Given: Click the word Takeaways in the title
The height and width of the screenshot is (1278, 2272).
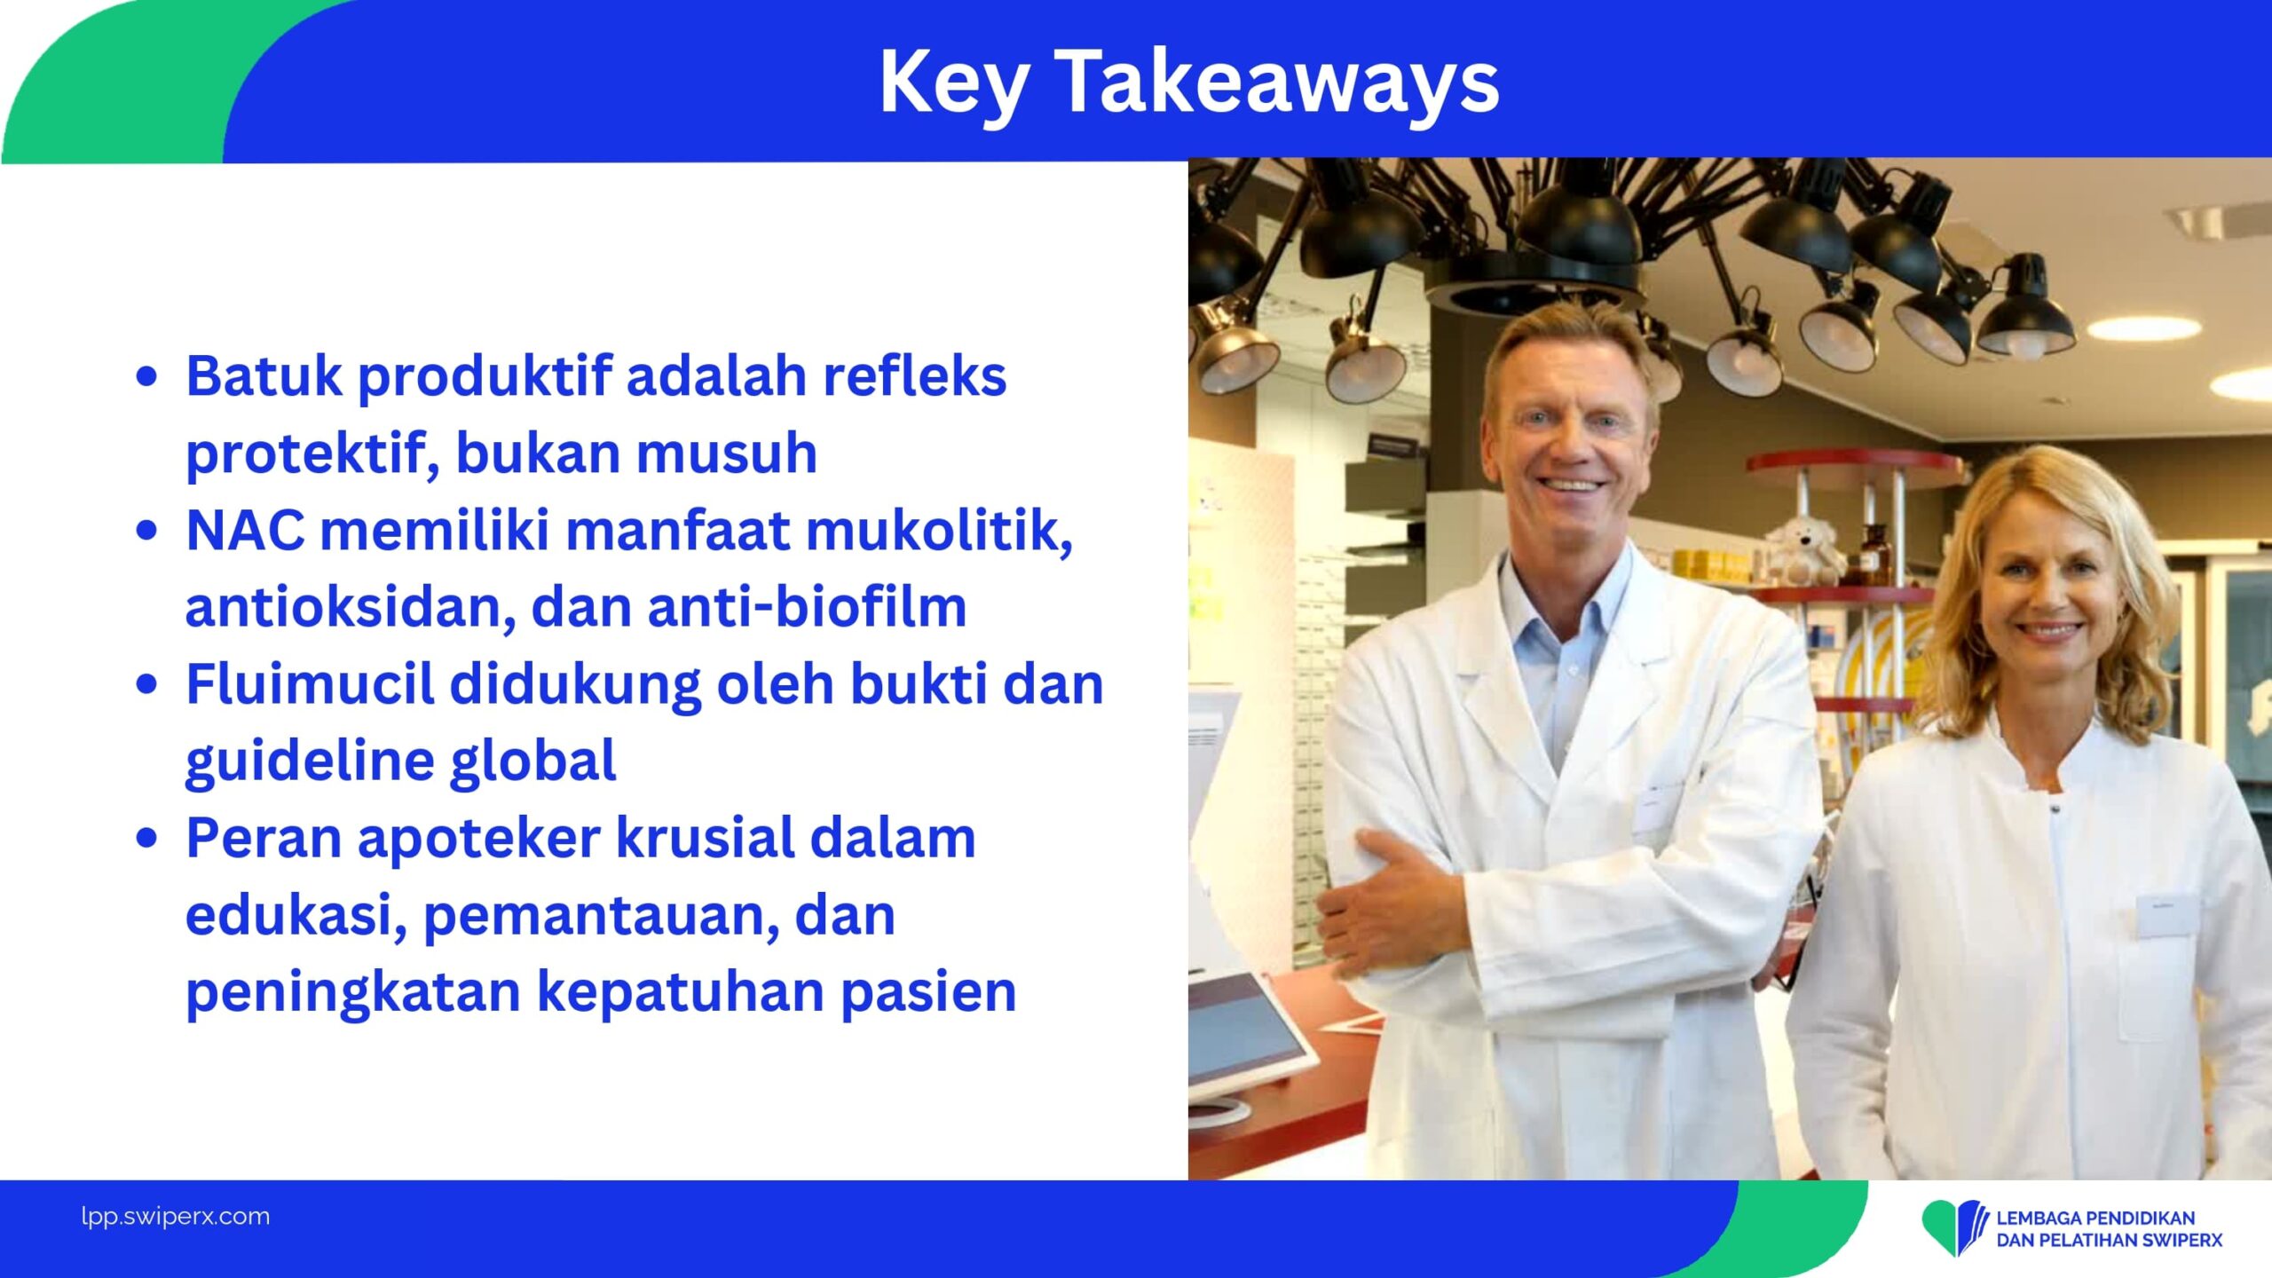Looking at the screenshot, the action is (x=1278, y=82).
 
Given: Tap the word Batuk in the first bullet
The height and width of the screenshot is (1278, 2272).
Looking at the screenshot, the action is (x=264, y=375).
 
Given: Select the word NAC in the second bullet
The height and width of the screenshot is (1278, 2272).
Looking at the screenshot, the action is (x=245, y=531).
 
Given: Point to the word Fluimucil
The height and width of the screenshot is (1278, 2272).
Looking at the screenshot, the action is (x=311, y=684).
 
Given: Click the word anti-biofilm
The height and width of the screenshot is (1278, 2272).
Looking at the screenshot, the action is (x=807, y=607).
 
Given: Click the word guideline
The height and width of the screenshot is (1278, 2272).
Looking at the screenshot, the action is (x=310, y=762).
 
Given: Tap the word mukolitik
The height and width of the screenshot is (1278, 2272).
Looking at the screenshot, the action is (x=939, y=532).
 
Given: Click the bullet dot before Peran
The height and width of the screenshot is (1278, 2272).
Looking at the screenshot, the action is (x=147, y=838).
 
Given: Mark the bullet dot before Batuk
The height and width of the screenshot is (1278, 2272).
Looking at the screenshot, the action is (x=147, y=376).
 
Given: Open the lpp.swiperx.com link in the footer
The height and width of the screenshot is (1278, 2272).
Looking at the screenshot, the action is (x=176, y=1216).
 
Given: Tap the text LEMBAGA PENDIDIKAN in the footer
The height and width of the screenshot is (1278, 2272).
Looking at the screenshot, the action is (x=2095, y=1218).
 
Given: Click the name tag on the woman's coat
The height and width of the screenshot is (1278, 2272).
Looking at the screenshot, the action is (x=2167, y=916).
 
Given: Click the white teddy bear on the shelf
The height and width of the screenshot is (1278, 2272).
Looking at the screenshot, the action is (x=1803, y=550).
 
